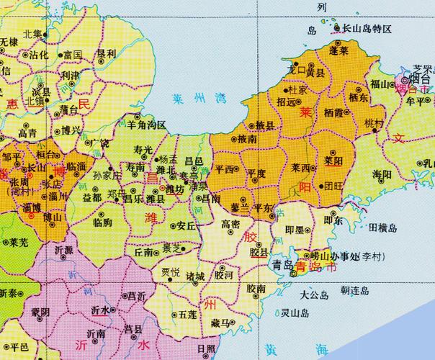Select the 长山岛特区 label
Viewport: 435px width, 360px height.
tap(367, 29)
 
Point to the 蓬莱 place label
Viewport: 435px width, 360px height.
tap(338, 51)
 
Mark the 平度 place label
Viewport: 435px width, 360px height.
tap(256, 174)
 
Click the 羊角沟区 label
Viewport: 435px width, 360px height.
tap(147, 125)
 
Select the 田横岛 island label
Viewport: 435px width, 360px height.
tap(382, 228)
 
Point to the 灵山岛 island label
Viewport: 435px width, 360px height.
tap(295, 312)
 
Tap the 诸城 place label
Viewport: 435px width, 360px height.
tap(194, 276)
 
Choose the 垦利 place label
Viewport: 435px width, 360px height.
tap(107, 54)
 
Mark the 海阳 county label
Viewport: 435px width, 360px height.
tap(382, 175)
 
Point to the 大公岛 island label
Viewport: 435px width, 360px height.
tap(314, 295)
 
